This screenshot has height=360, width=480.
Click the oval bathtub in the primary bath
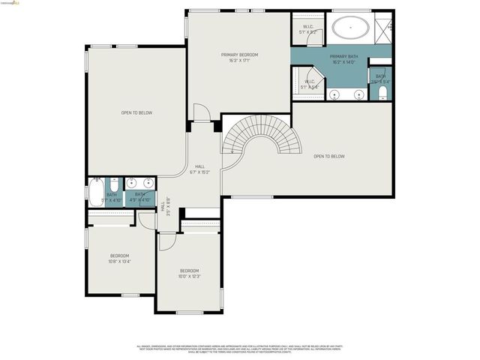pyautogui.click(x=350, y=30)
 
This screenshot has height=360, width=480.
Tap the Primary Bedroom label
pyautogui.click(x=239, y=58)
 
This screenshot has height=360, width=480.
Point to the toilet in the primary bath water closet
pyautogui.click(x=382, y=93)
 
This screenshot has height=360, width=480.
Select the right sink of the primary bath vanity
pyautogui.click(x=358, y=94)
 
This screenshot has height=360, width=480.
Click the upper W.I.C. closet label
pyautogui.click(x=308, y=30)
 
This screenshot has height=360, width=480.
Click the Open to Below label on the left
pyautogui.click(x=136, y=112)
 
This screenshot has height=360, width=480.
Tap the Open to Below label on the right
pyautogui.click(x=328, y=156)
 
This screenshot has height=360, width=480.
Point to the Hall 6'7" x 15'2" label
pyautogui.click(x=200, y=169)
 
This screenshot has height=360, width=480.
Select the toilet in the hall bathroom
pyautogui.click(x=115, y=184)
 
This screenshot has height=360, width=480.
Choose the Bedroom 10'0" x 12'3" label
pyautogui.click(x=189, y=274)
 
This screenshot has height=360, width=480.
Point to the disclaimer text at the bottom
pyautogui.click(x=239, y=348)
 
